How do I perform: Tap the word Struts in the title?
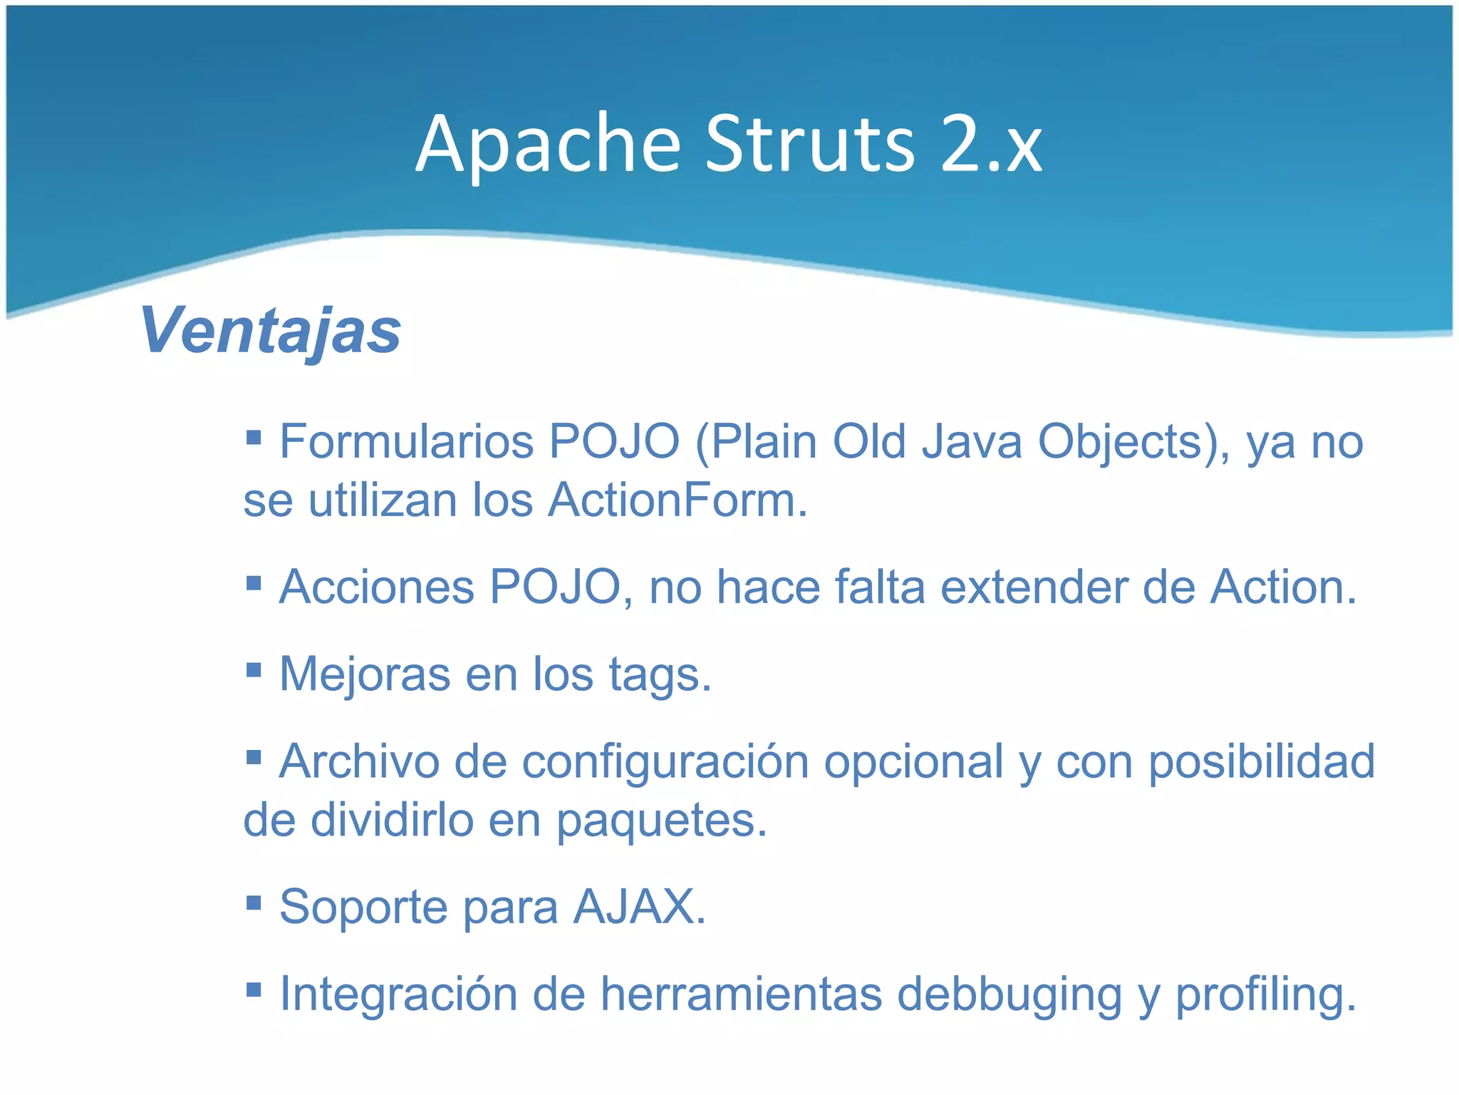(810, 145)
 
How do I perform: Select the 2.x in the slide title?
(991, 145)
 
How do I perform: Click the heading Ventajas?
(271, 330)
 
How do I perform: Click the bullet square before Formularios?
(254, 435)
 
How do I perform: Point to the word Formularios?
(406, 442)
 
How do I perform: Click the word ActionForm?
(677, 500)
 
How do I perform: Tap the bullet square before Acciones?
(254, 584)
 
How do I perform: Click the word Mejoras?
(364, 674)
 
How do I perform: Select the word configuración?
(665, 763)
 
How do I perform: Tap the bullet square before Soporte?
(254, 903)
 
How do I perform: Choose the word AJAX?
(639, 907)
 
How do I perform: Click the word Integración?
(398, 994)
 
